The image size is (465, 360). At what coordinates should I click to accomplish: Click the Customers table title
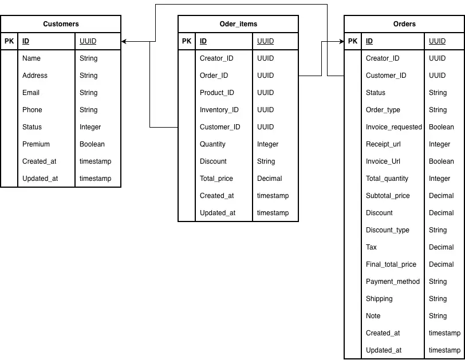(61, 24)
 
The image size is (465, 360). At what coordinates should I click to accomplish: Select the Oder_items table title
(238, 24)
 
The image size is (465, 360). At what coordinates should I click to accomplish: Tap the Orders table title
(404, 24)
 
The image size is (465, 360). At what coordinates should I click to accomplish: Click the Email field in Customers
(31, 93)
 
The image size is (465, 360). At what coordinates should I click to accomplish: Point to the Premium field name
(36, 144)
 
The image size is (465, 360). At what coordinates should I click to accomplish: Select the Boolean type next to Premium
(92, 144)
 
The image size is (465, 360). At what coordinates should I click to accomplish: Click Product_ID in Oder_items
(217, 93)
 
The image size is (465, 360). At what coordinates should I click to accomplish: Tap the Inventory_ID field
(219, 110)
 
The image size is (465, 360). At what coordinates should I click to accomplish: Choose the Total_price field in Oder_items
(216, 179)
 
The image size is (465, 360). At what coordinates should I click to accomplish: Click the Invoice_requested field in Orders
(394, 127)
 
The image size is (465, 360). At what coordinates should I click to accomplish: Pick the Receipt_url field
(384, 144)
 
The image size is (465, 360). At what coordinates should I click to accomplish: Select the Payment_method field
(393, 282)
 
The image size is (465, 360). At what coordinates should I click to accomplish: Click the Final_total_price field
(391, 264)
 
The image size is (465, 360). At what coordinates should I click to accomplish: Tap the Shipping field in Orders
(379, 299)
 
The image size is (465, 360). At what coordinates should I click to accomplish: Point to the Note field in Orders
(373, 316)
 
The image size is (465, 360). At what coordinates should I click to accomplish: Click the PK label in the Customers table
(9, 41)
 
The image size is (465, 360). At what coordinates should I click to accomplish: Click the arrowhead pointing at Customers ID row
(124, 41)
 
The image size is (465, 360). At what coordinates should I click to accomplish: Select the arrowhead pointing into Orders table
(341, 41)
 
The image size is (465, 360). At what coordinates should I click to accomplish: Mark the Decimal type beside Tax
(442, 247)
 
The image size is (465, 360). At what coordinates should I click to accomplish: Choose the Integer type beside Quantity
(268, 144)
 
